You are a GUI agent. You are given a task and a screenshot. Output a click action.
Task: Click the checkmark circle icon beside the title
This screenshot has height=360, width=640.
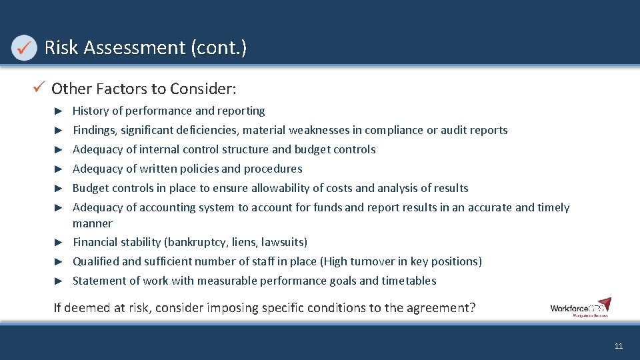[25, 47]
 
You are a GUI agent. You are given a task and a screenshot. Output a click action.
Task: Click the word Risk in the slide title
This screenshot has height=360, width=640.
[59, 47]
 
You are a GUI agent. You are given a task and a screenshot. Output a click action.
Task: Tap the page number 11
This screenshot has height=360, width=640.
[619, 346]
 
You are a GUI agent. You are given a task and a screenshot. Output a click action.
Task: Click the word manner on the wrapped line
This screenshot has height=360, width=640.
[92, 223]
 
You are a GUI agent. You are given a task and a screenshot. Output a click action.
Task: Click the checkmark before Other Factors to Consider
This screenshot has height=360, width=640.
[41, 88]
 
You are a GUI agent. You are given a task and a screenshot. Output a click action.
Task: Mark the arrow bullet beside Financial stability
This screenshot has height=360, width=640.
[59, 242]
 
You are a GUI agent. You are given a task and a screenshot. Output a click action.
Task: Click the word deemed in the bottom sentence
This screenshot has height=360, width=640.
[87, 308]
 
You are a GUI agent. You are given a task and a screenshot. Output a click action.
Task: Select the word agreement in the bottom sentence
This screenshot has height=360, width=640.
[436, 308]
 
